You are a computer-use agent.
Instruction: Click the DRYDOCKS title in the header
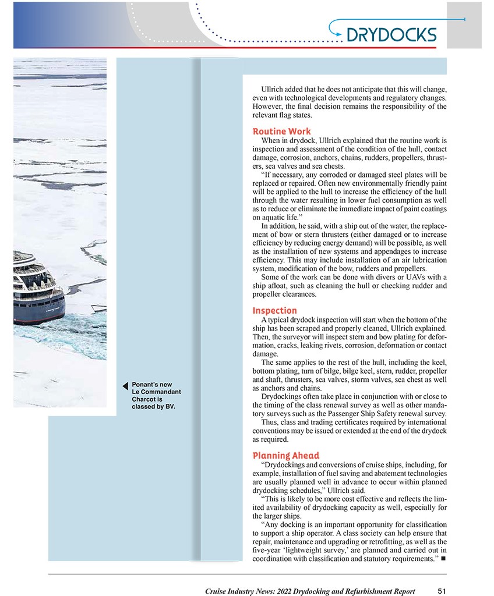tap(391, 34)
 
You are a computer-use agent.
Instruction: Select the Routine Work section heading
tap(281, 132)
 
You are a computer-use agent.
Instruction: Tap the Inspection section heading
tap(274, 311)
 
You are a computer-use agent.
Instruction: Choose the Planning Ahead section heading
tap(285, 455)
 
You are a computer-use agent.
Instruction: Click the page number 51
tap(442, 591)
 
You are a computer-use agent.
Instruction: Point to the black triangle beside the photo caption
tap(125, 385)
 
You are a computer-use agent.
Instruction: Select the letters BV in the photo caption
tap(170, 407)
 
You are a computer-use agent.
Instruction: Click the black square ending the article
tap(443, 559)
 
